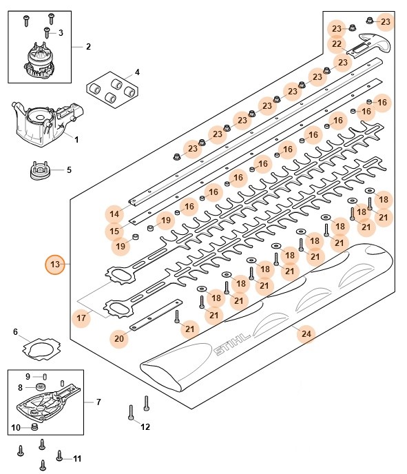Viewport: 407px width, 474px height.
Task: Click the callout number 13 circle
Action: [54, 265]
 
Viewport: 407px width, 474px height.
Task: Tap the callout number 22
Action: [337, 44]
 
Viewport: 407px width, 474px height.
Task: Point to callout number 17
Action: [81, 318]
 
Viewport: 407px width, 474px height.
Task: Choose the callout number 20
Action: [120, 338]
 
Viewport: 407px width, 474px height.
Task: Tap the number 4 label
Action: [136, 72]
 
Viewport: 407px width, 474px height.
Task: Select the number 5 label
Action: [69, 169]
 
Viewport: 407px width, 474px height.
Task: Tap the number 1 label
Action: [76, 139]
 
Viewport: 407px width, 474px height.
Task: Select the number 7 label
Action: [98, 401]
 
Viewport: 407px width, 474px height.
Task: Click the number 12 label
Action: [145, 428]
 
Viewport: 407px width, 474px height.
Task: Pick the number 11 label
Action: [77, 458]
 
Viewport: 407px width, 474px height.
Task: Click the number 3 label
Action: [60, 32]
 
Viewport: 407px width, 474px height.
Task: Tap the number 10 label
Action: [15, 428]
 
